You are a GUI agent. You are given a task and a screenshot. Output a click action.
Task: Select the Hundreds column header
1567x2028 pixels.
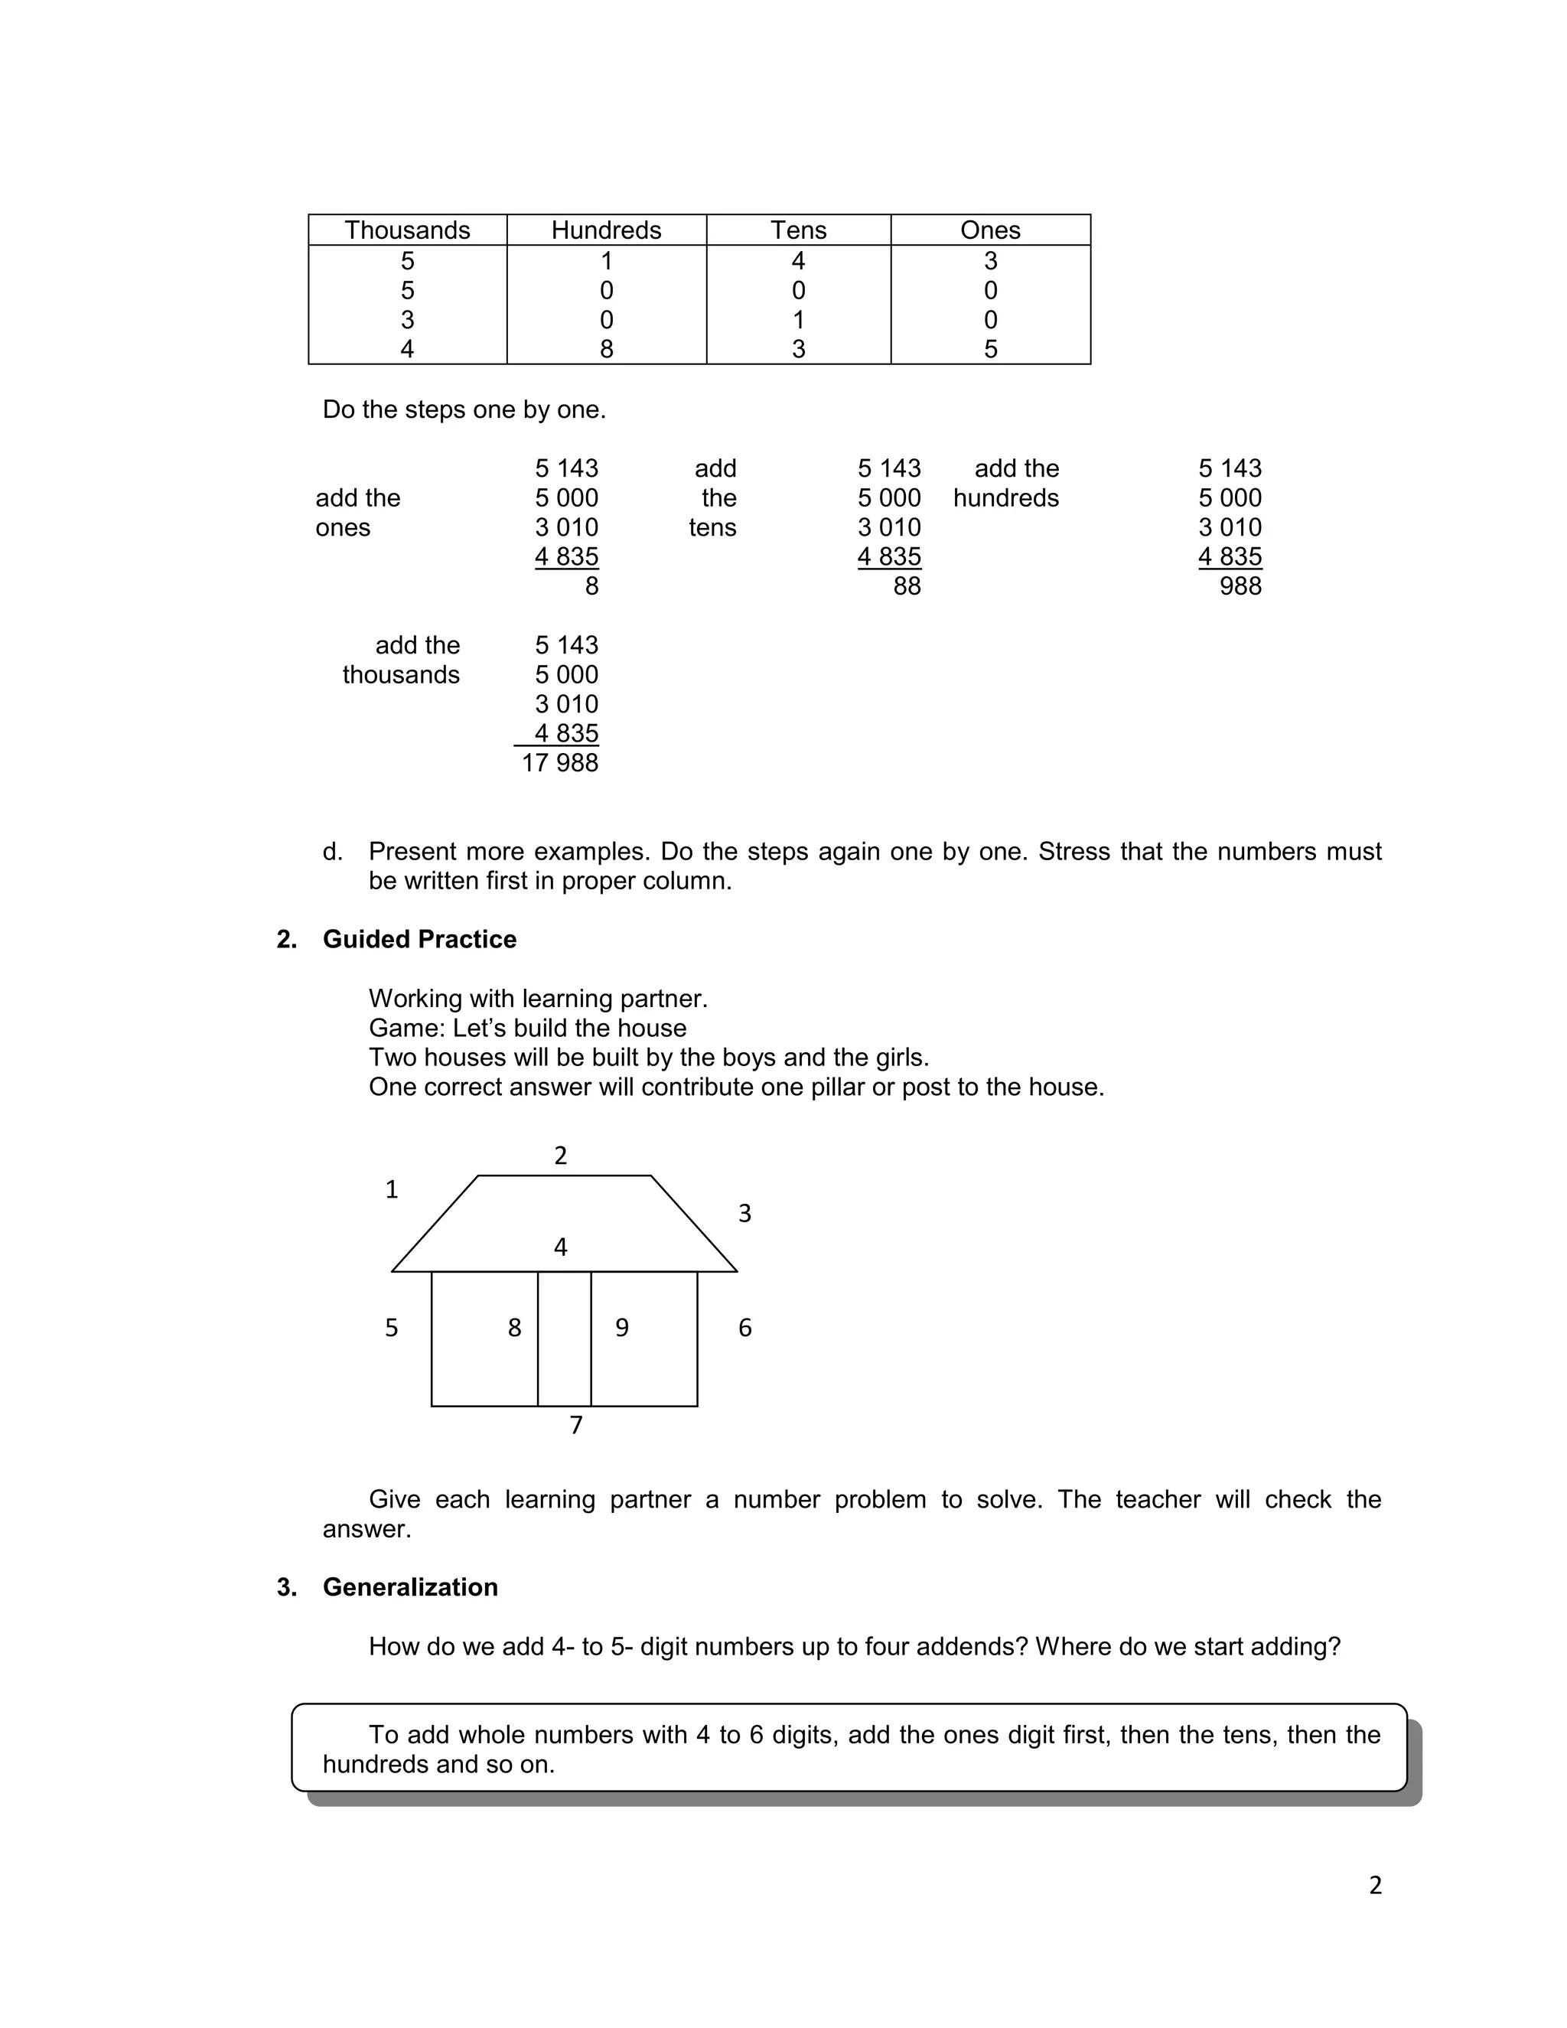[606, 230]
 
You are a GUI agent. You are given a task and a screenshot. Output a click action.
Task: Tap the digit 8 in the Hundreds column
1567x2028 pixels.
[606, 349]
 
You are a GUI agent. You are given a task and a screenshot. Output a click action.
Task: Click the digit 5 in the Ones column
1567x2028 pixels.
[991, 349]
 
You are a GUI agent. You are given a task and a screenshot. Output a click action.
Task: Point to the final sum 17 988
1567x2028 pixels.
[560, 762]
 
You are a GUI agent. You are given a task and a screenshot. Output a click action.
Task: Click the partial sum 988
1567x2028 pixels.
[1240, 586]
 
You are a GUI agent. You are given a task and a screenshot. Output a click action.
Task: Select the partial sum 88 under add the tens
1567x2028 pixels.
[906, 586]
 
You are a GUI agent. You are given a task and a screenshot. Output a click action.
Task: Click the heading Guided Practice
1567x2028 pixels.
[419, 939]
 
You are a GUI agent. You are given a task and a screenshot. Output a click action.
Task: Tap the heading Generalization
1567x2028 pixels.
[409, 1587]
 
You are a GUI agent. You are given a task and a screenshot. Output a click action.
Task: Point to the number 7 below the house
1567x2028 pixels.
[575, 1424]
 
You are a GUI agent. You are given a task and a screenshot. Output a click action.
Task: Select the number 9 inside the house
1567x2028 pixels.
[622, 1328]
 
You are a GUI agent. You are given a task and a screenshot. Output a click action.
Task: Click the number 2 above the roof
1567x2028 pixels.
[561, 1155]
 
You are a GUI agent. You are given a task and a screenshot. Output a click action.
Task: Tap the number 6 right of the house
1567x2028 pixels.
[744, 1328]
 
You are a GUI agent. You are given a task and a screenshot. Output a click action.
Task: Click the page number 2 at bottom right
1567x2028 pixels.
[1375, 1885]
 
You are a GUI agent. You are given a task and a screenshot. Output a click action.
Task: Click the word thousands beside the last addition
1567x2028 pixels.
[400, 674]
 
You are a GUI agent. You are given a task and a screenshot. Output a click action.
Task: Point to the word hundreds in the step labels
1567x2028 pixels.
[1005, 497]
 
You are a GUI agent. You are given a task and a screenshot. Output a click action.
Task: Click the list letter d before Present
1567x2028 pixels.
[331, 852]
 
